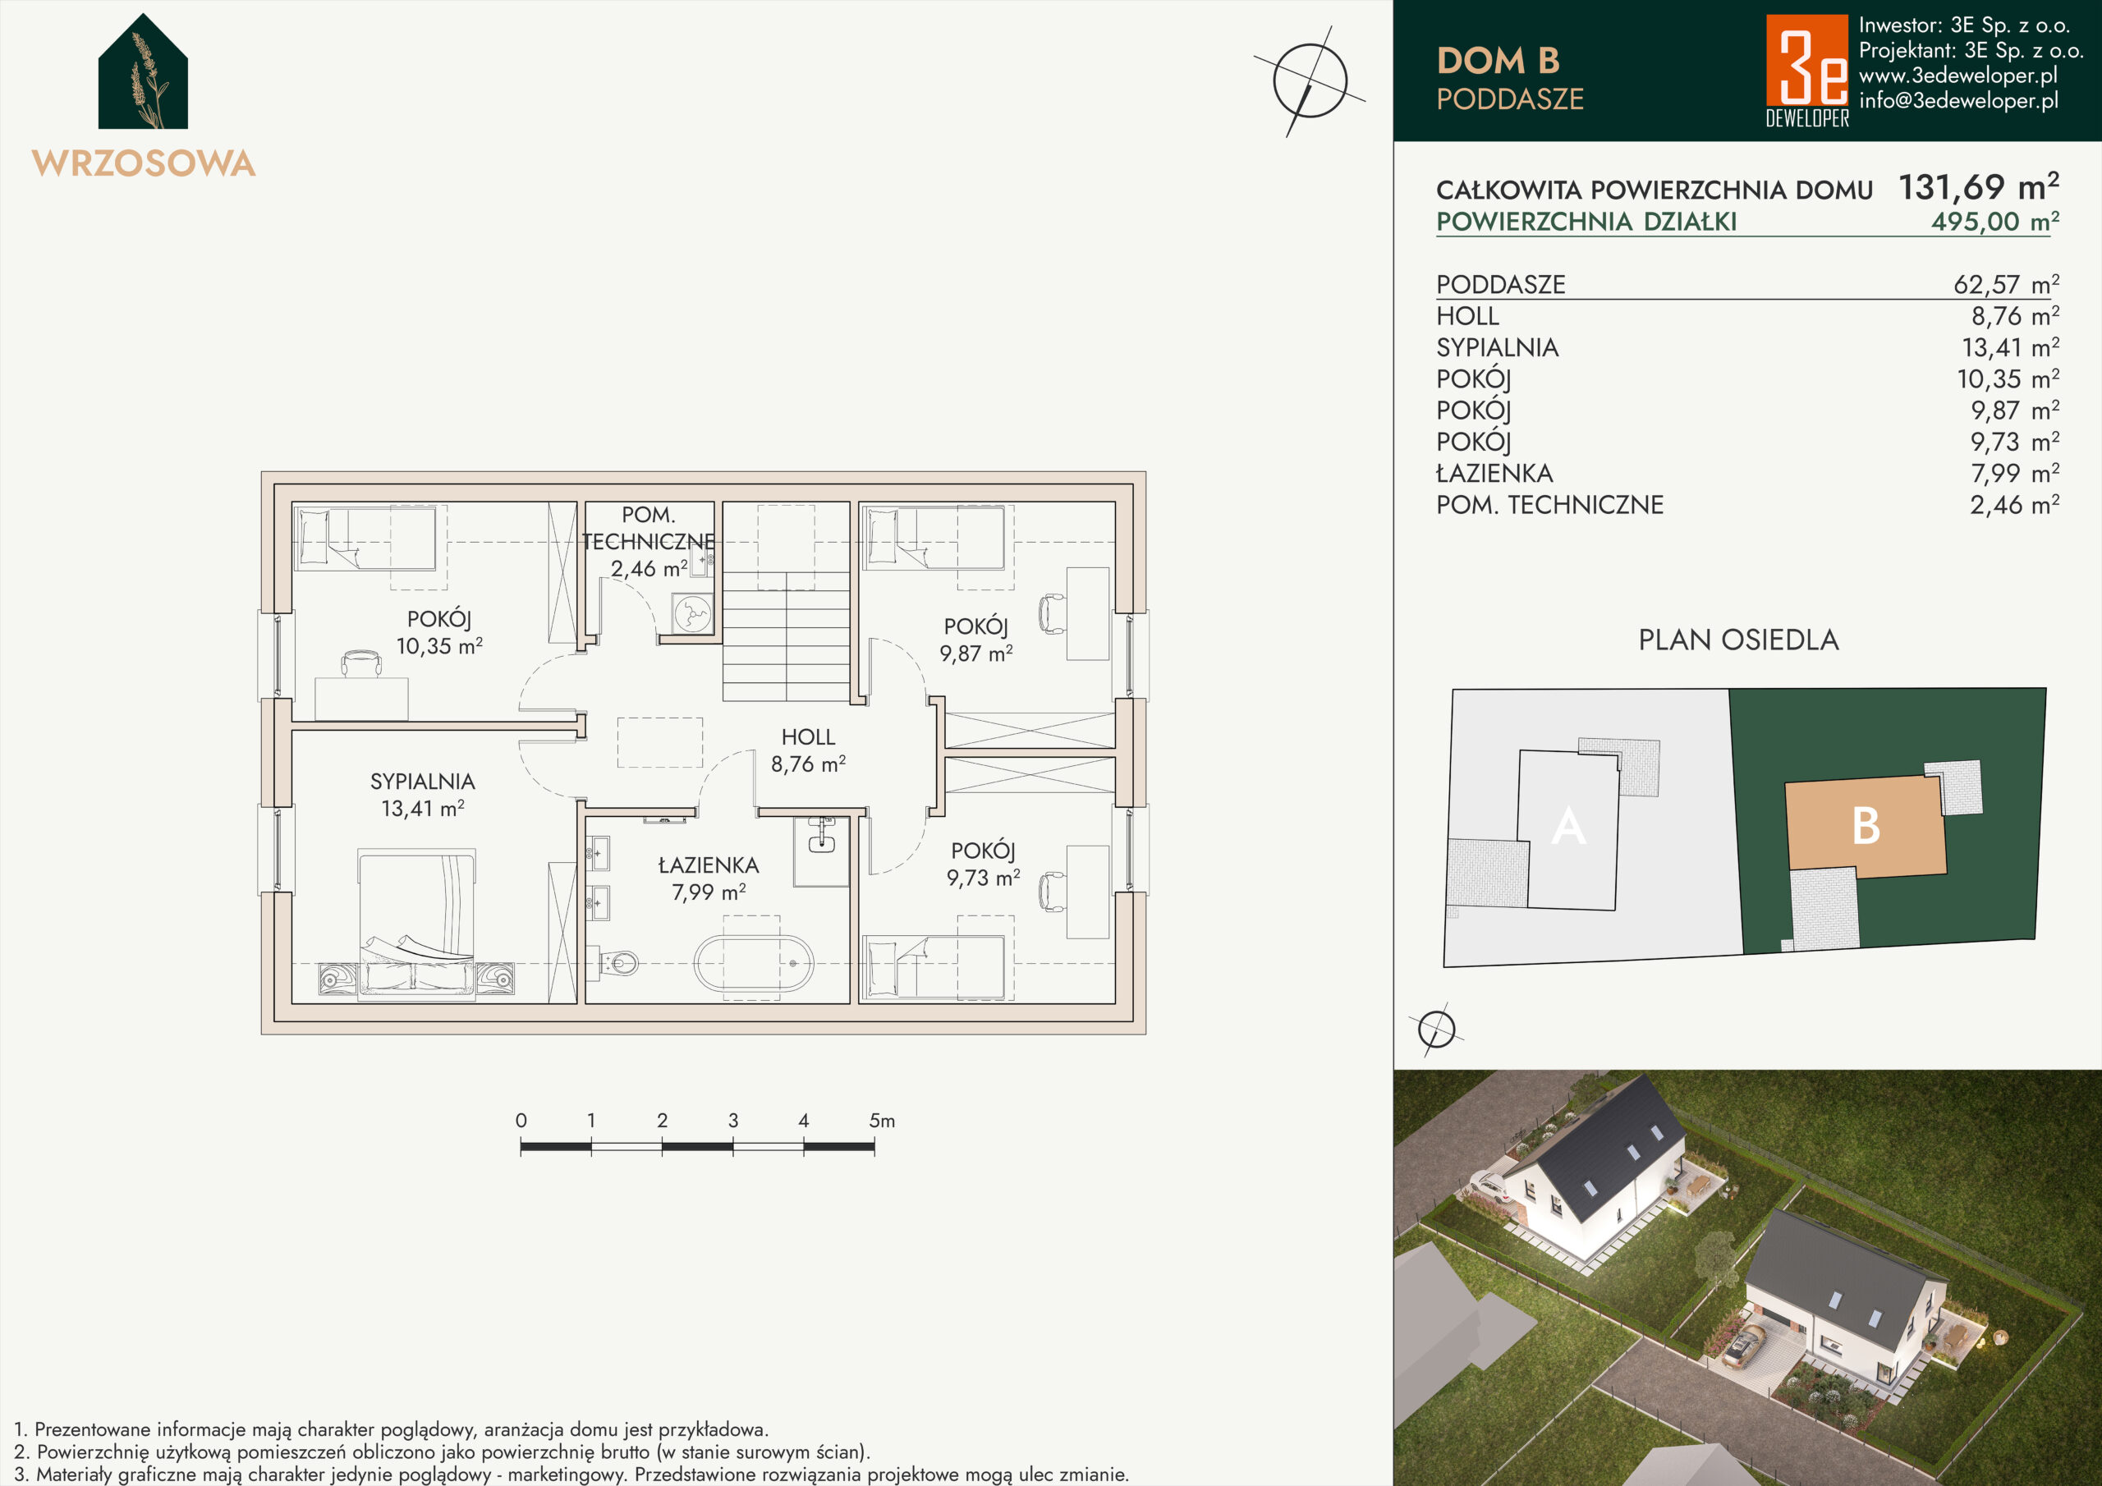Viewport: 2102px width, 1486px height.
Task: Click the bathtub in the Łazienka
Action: coord(753,963)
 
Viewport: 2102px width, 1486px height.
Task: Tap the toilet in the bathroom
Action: coord(621,963)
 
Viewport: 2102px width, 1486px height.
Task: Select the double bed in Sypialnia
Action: coord(416,924)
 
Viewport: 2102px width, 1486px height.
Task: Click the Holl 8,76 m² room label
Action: coord(809,750)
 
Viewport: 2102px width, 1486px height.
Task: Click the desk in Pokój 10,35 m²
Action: coord(361,699)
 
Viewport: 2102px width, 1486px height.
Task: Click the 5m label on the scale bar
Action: coord(883,1121)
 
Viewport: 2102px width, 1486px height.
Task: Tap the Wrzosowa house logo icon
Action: coord(144,71)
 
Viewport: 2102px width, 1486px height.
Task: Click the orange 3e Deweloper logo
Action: coord(1807,70)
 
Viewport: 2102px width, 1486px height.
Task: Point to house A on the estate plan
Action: coord(1567,828)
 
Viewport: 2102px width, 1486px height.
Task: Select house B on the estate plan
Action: coord(1866,827)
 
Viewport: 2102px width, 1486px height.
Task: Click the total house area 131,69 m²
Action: coord(1978,188)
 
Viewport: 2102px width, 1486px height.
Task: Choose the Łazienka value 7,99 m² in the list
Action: coord(2014,474)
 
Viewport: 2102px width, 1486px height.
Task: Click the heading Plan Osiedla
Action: coord(1738,640)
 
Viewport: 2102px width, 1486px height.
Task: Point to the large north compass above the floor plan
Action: coord(1310,81)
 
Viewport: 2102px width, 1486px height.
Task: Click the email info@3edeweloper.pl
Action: coord(1958,101)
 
